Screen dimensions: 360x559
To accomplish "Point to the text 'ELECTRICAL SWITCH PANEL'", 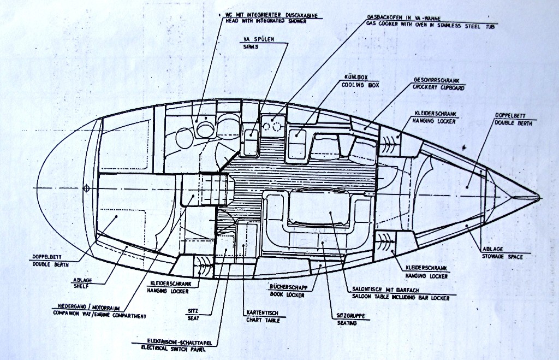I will pyautogui.click(x=174, y=347).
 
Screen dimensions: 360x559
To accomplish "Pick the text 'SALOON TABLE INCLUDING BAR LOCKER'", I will pyautogui.click(x=398, y=298).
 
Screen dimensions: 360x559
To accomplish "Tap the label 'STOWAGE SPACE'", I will pyautogui.click(x=502, y=256).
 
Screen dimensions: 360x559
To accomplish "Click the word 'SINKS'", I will pyautogui.click(x=251, y=47).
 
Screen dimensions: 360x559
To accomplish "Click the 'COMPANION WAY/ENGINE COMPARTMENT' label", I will pyautogui.click(x=99, y=315).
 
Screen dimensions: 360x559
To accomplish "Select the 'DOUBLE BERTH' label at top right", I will pyautogui.click(x=513, y=122).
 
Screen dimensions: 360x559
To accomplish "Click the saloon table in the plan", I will pyautogui.click(x=319, y=208).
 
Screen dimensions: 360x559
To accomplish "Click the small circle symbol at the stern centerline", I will pyautogui.click(x=86, y=188).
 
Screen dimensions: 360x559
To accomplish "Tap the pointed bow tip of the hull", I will pyautogui.click(x=538, y=197).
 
